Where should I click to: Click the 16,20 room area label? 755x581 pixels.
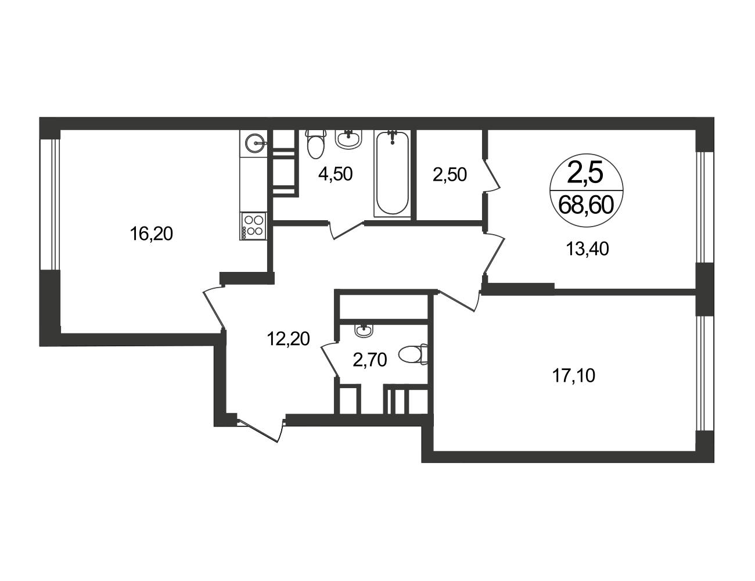pos(151,234)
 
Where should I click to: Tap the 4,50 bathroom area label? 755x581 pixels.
pos(335,174)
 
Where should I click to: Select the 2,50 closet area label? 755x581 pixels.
pos(450,175)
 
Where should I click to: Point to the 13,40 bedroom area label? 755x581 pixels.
pos(588,249)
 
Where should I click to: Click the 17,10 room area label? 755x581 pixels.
pos(574,376)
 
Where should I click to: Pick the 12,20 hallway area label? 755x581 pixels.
pos(289,339)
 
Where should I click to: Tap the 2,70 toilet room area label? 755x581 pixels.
pos(370,360)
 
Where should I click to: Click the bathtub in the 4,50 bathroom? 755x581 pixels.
pos(392,174)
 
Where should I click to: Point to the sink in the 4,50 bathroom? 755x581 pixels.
pos(349,139)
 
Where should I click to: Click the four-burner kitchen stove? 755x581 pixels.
pos(253,226)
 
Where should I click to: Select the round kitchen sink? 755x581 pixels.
pos(256,143)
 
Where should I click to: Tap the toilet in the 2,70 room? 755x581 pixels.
pos(413,354)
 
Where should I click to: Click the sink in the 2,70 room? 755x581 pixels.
pos(364,330)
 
